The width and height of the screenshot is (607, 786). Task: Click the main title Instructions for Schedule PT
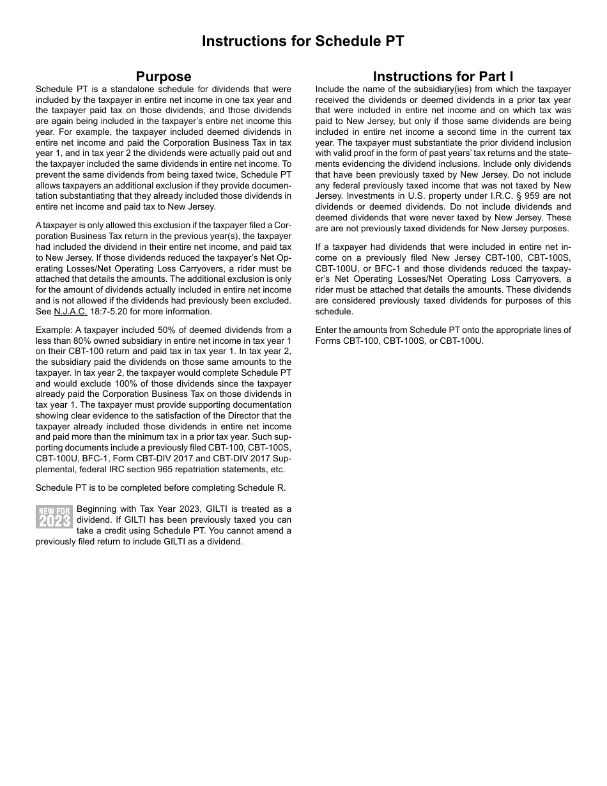[x=303, y=41]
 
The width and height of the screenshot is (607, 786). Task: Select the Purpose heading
[x=164, y=77]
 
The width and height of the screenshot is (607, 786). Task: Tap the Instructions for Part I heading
[x=443, y=77]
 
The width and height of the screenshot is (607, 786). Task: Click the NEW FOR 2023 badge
[x=54, y=516]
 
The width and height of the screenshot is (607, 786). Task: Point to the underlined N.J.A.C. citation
[x=70, y=312]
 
